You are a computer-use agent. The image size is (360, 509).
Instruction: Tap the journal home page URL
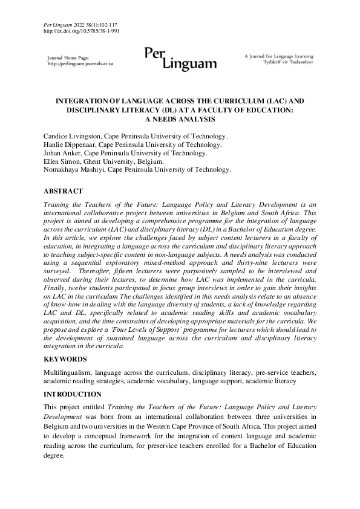click(x=80, y=63)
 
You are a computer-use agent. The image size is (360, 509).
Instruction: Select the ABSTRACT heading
click(x=63, y=191)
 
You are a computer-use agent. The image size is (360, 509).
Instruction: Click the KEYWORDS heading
click(x=65, y=358)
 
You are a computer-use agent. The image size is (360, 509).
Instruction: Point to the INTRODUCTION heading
click(x=73, y=394)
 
